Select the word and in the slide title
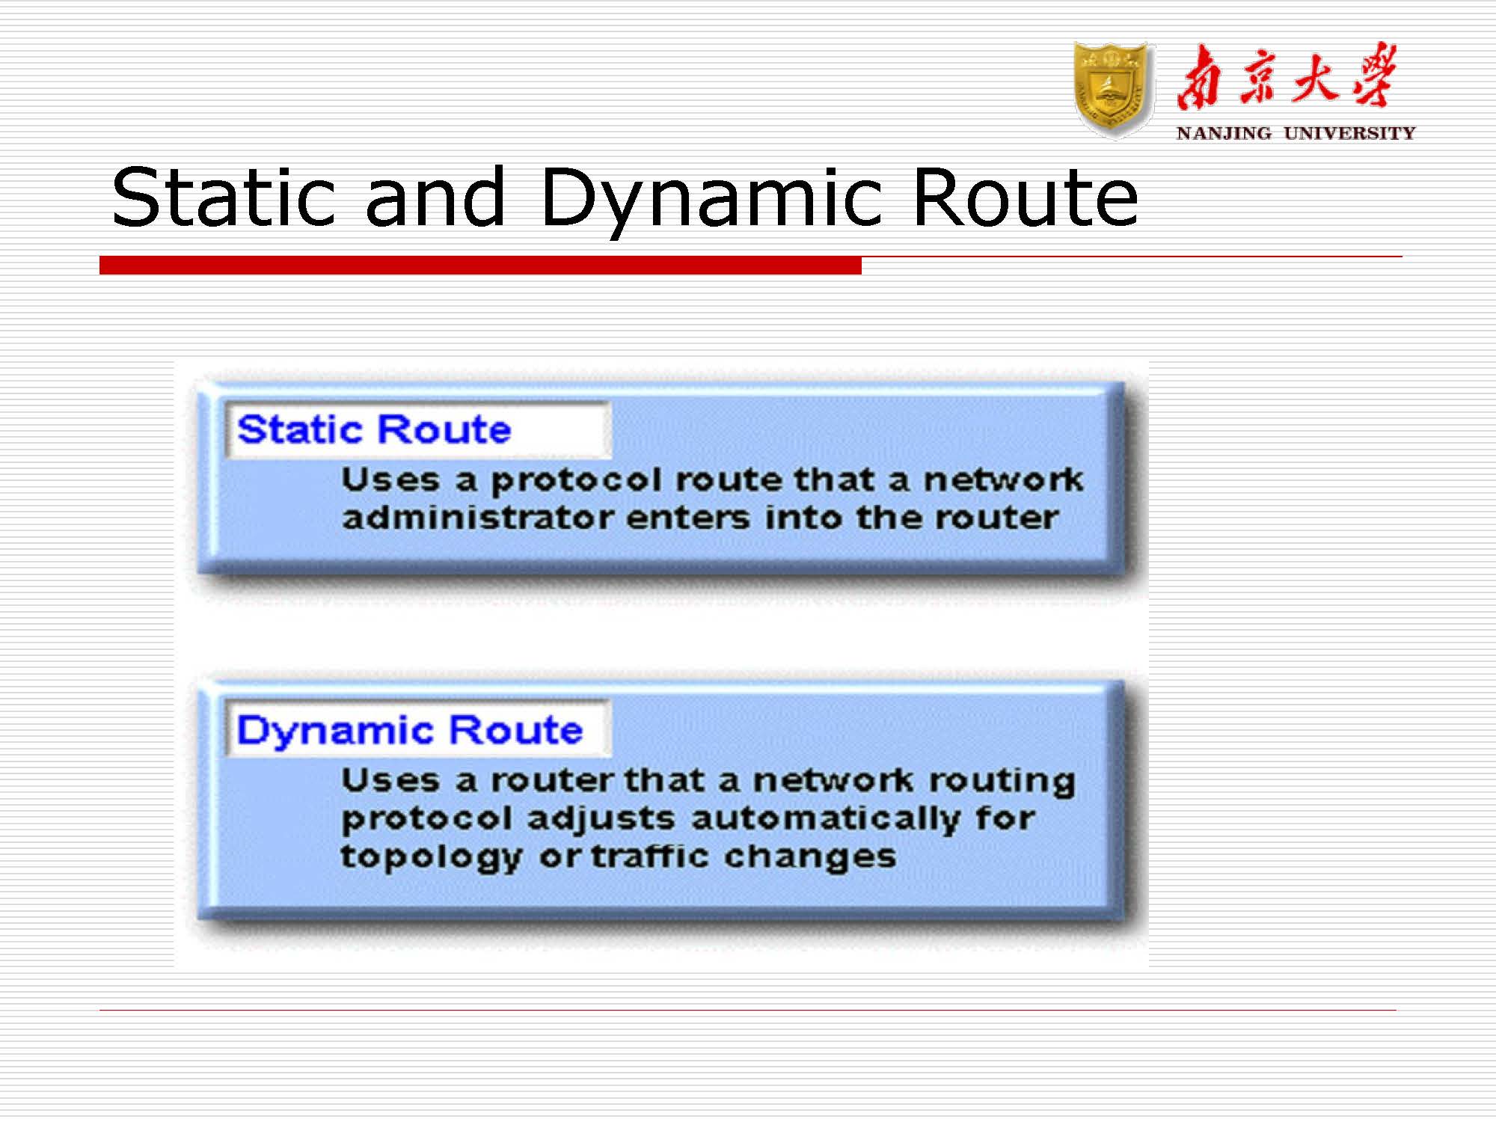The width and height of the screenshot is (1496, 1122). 435,197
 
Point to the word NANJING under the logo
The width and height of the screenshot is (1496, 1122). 1223,134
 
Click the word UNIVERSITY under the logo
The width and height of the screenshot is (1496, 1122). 1349,134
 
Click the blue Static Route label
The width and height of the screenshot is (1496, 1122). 374,429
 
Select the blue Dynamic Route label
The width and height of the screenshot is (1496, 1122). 409,730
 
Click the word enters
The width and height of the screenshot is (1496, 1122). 688,518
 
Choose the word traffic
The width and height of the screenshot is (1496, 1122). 650,856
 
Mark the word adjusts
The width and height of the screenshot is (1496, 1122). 601,818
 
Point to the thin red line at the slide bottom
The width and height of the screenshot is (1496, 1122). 748,1011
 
